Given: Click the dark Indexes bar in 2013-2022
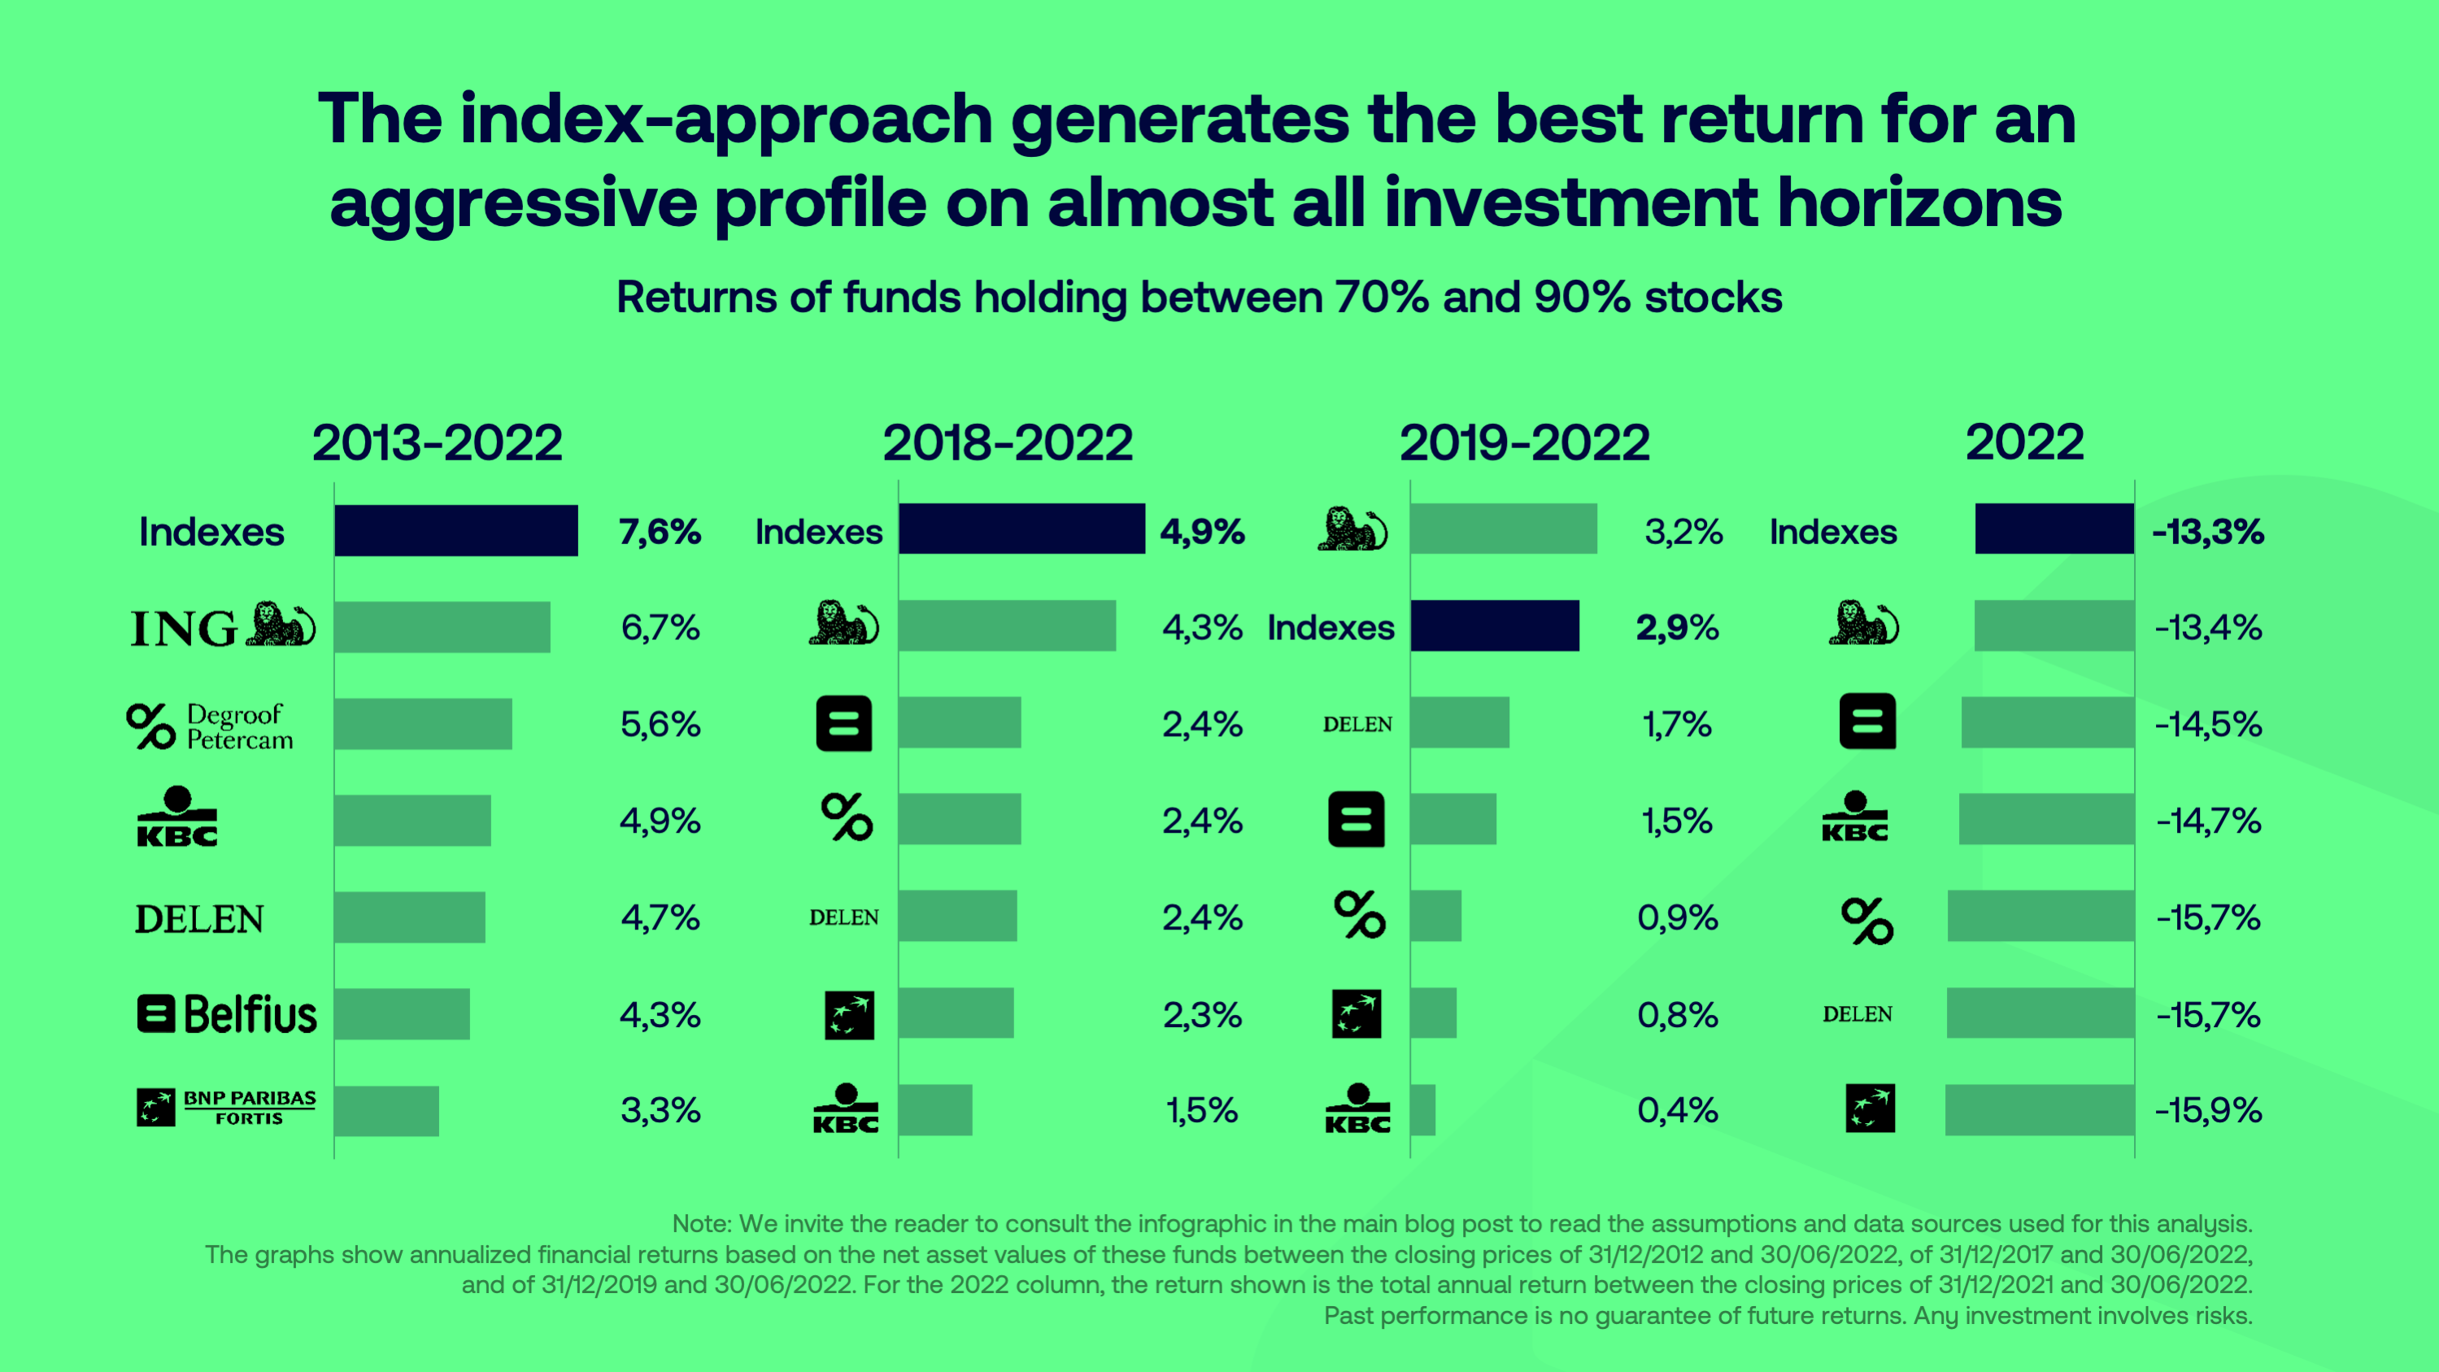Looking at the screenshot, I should (455, 530).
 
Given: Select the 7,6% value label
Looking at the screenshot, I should (660, 532).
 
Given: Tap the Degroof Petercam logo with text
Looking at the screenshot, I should (210, 726).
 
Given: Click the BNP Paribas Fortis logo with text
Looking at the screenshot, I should (226, 1107).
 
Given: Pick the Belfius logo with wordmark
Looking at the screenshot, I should (226, 1014).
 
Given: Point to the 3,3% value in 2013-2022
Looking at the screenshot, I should (660, 1110).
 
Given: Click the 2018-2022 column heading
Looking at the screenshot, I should (1008, 443).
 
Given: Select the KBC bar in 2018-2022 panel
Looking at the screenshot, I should (935, 1110).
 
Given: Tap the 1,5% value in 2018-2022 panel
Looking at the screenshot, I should (1201, 1110).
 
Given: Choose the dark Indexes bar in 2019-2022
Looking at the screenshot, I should (1494, 626).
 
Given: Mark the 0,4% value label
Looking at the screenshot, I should (1677, 1110).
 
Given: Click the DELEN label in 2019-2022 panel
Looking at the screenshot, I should (1357, 725).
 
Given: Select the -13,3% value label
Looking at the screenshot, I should (2208, 532).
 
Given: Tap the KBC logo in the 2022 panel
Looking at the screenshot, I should (1855, 817).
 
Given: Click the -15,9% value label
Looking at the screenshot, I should (2208, 1110).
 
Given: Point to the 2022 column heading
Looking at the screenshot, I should (2024, 443).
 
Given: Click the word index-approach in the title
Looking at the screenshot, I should (726, 120).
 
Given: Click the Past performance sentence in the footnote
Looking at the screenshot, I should (1788, 1316).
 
